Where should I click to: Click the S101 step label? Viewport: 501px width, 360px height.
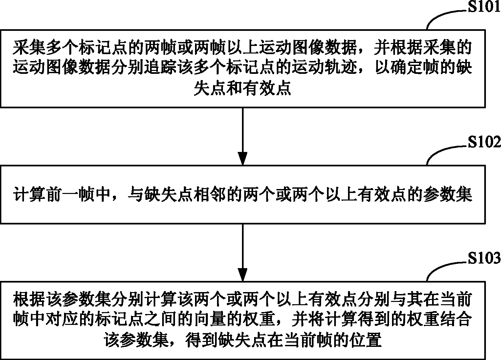pos(484,7)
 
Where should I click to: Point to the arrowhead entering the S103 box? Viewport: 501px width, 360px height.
pos(242,275)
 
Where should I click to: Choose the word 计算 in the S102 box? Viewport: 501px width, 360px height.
pos(29,194)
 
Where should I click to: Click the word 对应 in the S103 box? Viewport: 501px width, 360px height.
pos(62,319)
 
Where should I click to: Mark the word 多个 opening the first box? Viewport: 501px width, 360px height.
pos(62,47)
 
